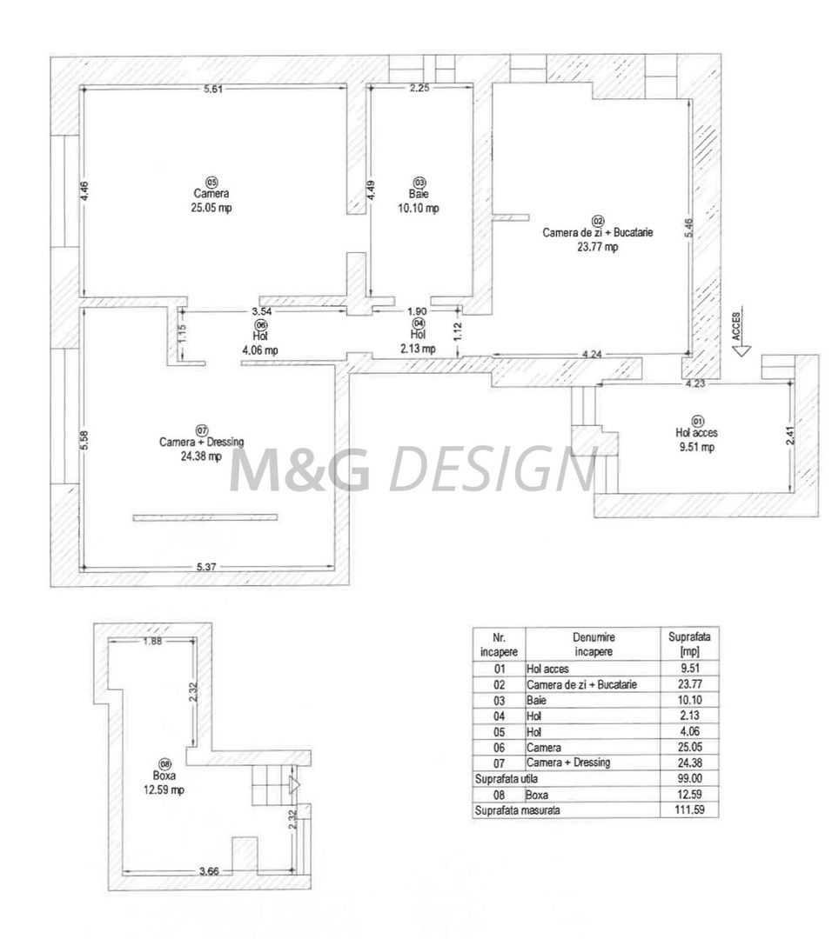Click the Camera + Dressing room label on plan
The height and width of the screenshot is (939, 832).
click(x=201, y=448)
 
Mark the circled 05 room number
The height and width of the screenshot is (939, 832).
click(x=211, y=181)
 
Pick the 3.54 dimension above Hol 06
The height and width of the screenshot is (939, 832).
click(x=261, y=310)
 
